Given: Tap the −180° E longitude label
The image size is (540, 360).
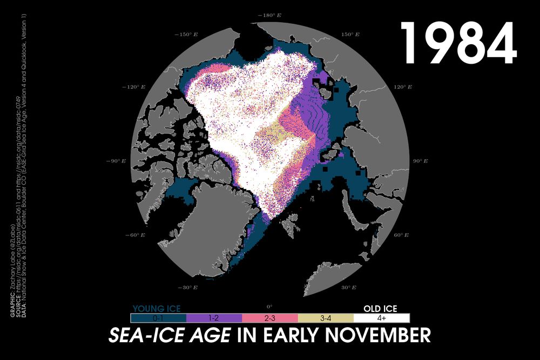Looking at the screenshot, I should (x=270, y=16).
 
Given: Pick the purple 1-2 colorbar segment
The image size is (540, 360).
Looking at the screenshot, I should (x=214, y=318).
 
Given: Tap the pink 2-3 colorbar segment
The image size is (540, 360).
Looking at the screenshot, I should (x=270, y=318).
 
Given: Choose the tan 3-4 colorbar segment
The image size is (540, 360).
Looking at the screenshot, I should (x=326, y=318).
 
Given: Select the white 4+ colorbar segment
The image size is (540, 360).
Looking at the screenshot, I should (x=382, y=318).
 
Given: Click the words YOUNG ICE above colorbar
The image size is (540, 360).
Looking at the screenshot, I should (x=157, y=309).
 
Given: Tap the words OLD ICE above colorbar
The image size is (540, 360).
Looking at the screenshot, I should (x=380, y=309).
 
